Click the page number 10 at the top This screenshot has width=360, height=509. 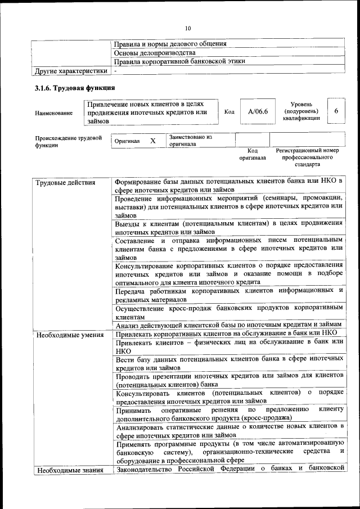(x=188, y=29)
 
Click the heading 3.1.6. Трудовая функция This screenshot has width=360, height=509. (x=75, y=88)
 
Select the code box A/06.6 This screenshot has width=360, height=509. (x=258, y=111)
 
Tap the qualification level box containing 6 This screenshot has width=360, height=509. (x=336, y=111)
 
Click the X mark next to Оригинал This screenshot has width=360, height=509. (x=152, y=141)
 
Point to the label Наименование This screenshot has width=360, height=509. (x=53, y=113)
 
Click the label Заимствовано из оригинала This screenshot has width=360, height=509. (x=191, y=140)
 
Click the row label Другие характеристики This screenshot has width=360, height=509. (x=70, y=71)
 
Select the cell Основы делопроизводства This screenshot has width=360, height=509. (x=150, y=52)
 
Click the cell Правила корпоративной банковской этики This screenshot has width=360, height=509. (x=179, y=61)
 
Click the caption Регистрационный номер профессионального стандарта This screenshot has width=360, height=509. (x=307, y=157)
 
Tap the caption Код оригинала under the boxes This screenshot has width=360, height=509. (x=253, y=154)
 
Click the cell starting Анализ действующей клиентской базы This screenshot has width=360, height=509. (x=228, y=325)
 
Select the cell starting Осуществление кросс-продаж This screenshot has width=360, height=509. (x=228, y=312)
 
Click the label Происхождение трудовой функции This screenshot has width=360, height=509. (x=68, y=141)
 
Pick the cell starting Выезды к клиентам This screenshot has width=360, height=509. (x=228, y=227)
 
